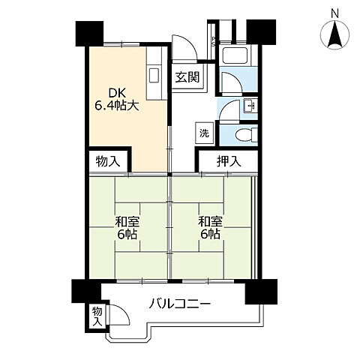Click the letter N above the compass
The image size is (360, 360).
pos(334,13)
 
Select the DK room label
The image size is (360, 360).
pos(116,94)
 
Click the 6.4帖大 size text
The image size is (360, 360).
pos(116,106)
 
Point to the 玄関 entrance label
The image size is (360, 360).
pos(187,77)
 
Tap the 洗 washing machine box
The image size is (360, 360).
pos(205,133)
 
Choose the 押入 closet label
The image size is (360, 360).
pos(229,161)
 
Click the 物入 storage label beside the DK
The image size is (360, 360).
pos(108,161)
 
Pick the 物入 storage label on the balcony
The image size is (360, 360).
pos(97,316)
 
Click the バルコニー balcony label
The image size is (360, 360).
pos(180,304)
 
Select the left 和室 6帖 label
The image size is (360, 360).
pos(127,228)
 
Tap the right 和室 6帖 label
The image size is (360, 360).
pos(211,228)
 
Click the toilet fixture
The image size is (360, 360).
pos(247,135)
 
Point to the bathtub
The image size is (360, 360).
pos(235,55)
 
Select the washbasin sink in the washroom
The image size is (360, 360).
pos(250,106)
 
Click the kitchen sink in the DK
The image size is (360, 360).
pos(154,75)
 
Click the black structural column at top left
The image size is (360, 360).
pos(89,34)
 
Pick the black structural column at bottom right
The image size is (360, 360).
pos(261,292)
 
